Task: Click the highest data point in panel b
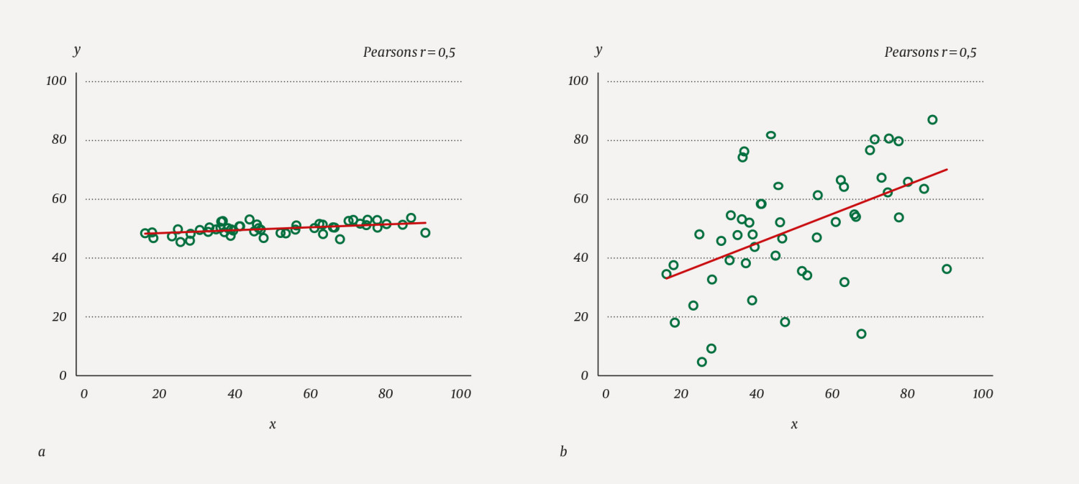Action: (932, 120)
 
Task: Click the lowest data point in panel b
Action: (702, 362)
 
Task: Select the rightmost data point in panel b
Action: (947, 269)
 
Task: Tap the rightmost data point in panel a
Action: (425, 233)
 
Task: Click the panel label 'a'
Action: (42, 452)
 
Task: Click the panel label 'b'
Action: (563, 452)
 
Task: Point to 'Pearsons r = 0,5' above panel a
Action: (409, 52)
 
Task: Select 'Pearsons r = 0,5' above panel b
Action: (930, 52)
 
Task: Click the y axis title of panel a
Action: (77, 50)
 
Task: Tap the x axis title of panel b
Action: (794, 425)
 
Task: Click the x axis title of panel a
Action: (273, 425)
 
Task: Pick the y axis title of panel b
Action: (598, 50)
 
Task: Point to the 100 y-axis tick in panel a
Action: (56, 81)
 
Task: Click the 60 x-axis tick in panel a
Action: (310, 394)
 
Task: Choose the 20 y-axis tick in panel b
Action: (581, 317)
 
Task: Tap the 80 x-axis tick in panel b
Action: (907, 394)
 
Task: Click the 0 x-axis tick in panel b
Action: (606, 394)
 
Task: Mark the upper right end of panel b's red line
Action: (947, 170)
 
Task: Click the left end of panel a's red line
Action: (144, 234)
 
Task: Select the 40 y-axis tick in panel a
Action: (59, 258)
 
